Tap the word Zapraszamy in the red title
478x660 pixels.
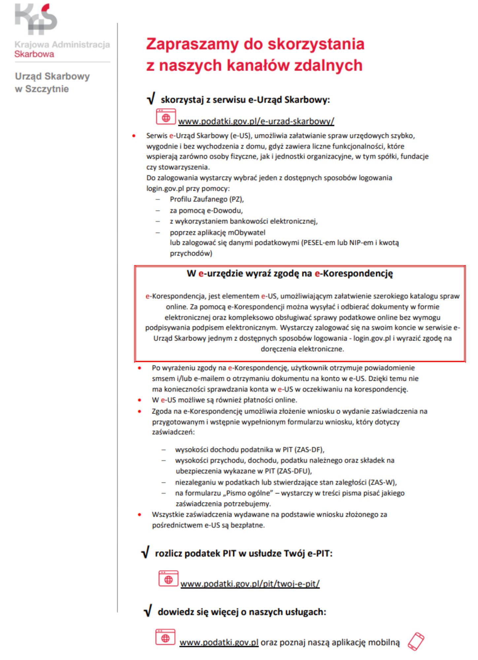192,44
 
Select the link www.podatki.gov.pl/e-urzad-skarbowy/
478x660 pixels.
256,121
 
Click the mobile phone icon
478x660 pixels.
416,641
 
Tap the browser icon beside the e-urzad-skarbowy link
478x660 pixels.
166,117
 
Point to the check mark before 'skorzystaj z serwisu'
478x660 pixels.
151,99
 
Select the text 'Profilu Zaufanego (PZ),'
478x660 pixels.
207,199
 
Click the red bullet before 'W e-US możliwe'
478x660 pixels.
140,400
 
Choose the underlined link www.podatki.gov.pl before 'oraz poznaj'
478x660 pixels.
219,643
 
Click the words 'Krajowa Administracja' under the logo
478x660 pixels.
62,45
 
